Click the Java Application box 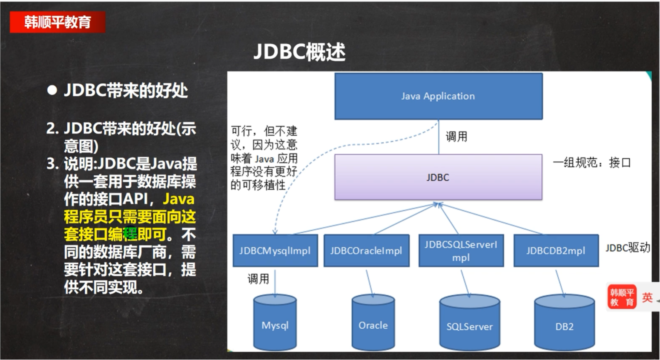coord(438,96)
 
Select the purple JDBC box coord(438,177)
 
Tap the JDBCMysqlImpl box coord(275,251)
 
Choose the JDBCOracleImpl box coord(366,251)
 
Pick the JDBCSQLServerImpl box coord(461,251)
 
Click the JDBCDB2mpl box coord(556,251)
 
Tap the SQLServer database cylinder coord(469,326)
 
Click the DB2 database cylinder coord(564,326)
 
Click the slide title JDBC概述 coord(299,52)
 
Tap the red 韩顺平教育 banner coord(57,22)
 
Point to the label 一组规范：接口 coord(591,163)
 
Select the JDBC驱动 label coord(628,248)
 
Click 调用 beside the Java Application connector coord(456,137)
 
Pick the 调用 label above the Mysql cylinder coord(258,279)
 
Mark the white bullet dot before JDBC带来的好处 coord(52,90)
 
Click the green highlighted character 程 coord(130,234)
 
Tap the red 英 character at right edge coord(647,297)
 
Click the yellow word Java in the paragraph coord(179,199)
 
